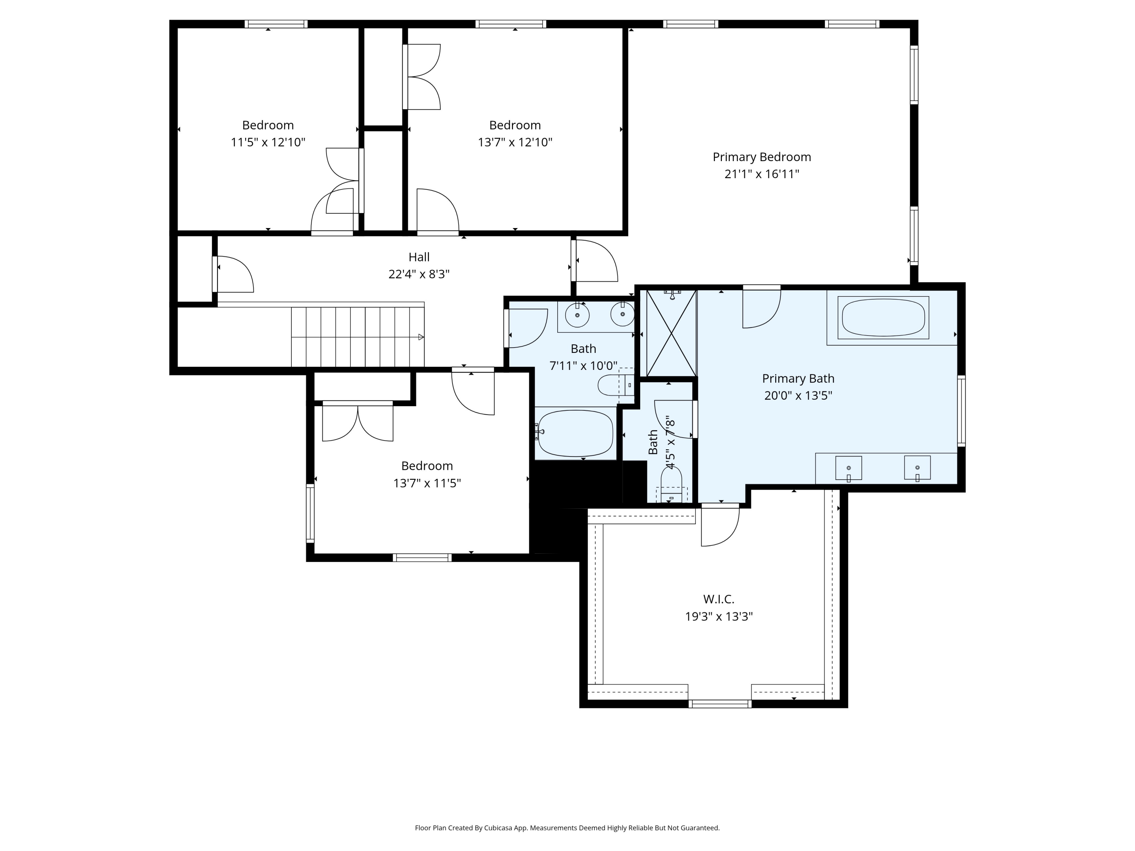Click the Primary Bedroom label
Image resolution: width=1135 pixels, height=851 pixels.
pos(762,157)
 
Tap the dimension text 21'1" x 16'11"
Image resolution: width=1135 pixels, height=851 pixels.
pos(762,174)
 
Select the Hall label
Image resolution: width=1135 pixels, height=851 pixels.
pos(419,257)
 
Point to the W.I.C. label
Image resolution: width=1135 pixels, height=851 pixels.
pos(718,599)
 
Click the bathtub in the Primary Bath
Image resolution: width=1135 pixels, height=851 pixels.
pos(883,318)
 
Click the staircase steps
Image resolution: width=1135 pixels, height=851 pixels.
pos(358,337)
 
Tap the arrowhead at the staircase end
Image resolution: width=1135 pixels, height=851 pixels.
pos(421,337)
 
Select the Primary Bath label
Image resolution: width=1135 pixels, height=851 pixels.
pos(798,379)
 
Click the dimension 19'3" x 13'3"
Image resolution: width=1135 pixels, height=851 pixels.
pos(718,616)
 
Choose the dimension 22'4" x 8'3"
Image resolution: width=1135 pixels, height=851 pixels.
pos(419,274)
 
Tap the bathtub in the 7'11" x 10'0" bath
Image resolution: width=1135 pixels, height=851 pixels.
pos(576,433)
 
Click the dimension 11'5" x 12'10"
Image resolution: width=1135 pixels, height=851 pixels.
pos(268,142)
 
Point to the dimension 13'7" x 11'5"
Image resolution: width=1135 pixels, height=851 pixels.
pos(427,483)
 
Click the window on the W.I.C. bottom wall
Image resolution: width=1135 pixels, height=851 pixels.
pos(720,704)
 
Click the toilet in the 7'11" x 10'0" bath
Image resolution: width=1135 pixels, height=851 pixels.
pos(616,385)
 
